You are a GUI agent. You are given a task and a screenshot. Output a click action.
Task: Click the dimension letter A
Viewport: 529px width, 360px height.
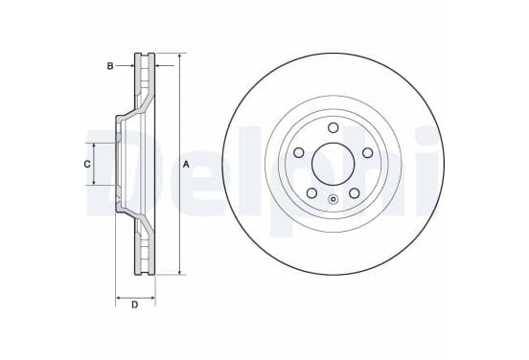[x=186, y=165]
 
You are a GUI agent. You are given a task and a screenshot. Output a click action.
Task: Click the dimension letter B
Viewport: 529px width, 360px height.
[x=110, y=66]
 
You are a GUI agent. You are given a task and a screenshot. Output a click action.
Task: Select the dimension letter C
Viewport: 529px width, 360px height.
[x=87, y=164]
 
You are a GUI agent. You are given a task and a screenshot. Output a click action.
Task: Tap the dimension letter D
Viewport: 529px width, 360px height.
[x=134, y=304]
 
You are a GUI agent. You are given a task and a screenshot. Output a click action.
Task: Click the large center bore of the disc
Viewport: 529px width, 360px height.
[x=333, y=164]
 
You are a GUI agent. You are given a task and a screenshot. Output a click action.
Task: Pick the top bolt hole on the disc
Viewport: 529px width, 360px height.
[x=333, y=127]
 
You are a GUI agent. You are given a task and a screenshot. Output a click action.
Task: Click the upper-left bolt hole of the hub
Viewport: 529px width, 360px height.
[x=299, y=152]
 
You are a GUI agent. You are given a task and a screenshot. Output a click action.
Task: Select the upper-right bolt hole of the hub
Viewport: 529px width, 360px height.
[x=367, y=152]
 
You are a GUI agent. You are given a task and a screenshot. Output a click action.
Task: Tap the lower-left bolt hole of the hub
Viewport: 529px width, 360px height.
[x=311, y=193]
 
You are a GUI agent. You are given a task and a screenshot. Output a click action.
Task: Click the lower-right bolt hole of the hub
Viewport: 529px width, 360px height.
[x=355, y=193]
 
